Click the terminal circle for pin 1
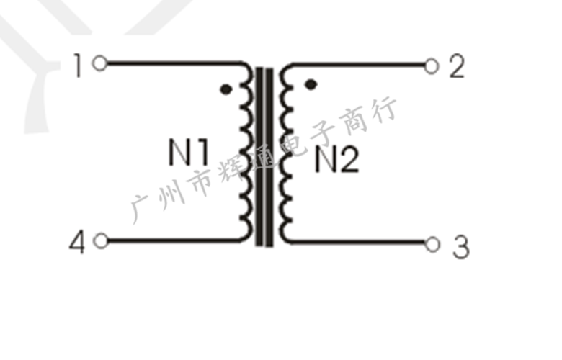100,63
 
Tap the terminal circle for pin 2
432,67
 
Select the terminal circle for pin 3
432,245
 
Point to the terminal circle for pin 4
101,241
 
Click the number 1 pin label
78,66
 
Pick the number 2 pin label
456,67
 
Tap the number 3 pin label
460,248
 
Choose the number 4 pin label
77,243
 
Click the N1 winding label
189,153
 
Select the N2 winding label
336,161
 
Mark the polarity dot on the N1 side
226,90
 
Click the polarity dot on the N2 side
311,84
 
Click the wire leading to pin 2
360,66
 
